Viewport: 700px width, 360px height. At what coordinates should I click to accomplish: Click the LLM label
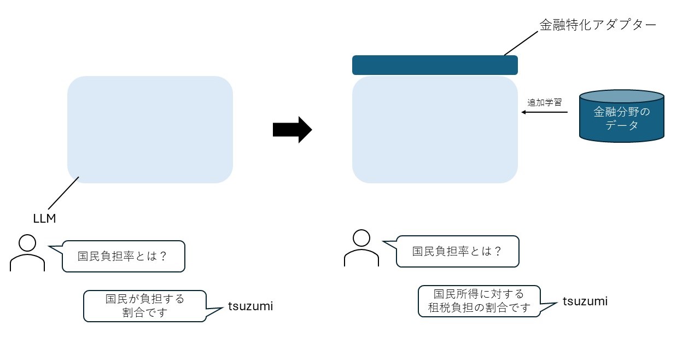click(x=45, y=219)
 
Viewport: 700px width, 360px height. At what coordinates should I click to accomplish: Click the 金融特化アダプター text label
click(x=597, y=25)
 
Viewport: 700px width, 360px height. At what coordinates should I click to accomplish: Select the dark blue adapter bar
click(x=435, y=65)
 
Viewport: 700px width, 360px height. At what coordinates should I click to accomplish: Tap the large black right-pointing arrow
click(x=292, y=130)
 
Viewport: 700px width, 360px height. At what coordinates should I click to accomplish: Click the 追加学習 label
click(x=544, y=102)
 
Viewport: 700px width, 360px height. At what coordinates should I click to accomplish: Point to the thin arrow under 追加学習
click(x=544, y=113)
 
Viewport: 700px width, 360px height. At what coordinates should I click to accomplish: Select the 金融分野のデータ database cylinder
click(x=622, y=116)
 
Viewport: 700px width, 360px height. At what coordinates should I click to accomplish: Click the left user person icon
click(x=27, y=253)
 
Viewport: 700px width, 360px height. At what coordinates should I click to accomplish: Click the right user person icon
click(x=361, y=248)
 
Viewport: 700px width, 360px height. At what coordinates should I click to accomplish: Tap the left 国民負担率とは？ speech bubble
click(x=124, y=256)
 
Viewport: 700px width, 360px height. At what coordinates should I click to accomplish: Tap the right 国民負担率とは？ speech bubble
click(x=457, y=251)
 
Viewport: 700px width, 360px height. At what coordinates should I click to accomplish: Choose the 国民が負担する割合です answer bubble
click(x=145, y=306)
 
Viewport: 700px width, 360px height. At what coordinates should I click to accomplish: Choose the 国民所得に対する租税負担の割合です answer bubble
click(x=479, y=301)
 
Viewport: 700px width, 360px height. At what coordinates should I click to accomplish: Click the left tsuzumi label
click(x=250, y=306)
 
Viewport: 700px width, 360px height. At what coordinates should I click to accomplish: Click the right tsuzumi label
click(x=585, y=301)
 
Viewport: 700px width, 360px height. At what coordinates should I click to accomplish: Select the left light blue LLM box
click(x=150, y=130)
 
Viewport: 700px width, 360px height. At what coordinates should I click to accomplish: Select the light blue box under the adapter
click(x=435, y=130)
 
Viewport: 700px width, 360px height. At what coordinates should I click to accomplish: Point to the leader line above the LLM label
click(x=64, y=194)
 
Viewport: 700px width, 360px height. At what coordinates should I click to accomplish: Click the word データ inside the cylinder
click(x=622, y=125)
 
